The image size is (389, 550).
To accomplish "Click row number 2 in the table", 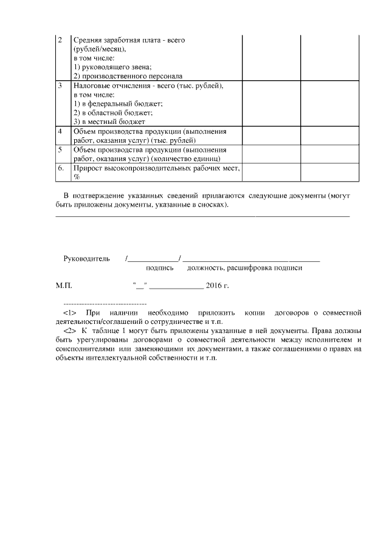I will tap(60, 40).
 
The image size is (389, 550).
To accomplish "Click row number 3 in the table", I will tap(60, 86).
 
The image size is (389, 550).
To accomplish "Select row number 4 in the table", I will tap(60, 131).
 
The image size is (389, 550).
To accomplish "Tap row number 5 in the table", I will tap(60, 149).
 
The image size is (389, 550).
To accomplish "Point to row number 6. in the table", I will tap(61, 167).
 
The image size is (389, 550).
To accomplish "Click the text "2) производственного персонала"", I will tap(128, 76).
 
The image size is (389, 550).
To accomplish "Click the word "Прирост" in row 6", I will tap(87, 167).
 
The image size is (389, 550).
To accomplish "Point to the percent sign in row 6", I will tap(77, 176).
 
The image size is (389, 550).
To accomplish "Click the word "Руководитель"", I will tap(86, 258).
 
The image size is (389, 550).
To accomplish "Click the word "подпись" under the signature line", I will tap(160, 267).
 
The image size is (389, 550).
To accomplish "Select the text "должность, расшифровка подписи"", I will tap(245, 267).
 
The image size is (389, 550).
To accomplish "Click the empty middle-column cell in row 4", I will tap(272, 136).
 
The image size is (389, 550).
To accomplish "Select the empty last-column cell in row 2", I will tap(330, 58).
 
